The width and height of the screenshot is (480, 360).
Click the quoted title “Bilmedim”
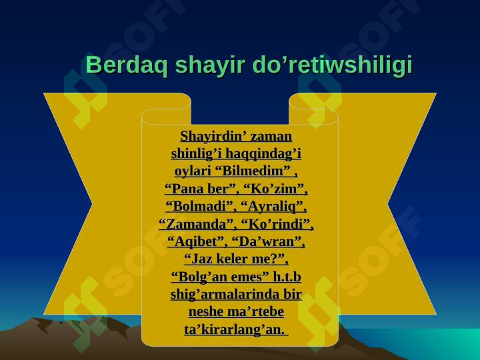pyautogui.click(x=255, y=171)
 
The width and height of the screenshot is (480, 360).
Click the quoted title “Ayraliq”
pyautogui.click(x=274, y=205)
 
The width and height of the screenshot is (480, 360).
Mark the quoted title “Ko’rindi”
pyautogui.click(x=277, y=223)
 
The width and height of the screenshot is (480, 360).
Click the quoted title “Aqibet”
pyautogui.click(x=198, y=241)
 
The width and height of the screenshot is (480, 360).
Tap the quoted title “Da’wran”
pyautogui.click(x=271, y=241)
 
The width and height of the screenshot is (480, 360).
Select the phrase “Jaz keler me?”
pyautogui.click(x=236, y=258)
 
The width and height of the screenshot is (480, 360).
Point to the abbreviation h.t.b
pyautogui.click(x=287, y=276)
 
